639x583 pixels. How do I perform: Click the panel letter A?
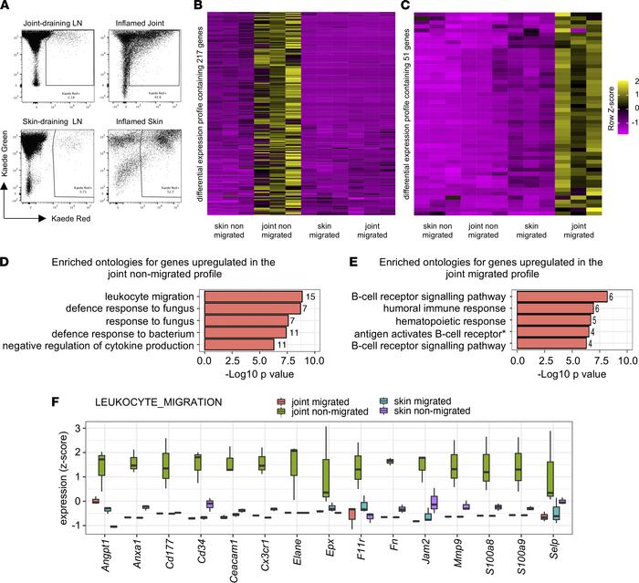[7, 8]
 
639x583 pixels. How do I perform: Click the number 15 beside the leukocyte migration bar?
[310, 296]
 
